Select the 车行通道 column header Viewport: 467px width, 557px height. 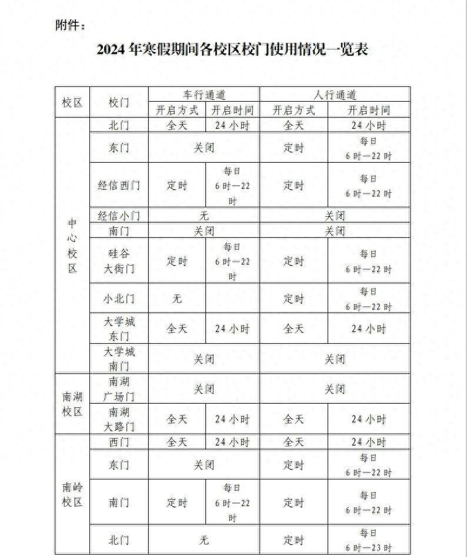(x=204, y=95)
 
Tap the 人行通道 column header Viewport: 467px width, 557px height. (x=335, y=95)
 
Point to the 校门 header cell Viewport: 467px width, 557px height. (x=119, y=102)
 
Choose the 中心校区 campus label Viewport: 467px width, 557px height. (x=72, y=246)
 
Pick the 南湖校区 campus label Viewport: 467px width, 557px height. (x=72, y=404)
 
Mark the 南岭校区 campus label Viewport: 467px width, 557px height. (x=72, y=495)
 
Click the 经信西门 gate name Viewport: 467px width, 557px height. (x=119, y=185)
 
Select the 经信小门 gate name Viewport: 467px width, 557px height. (x=119, y=216)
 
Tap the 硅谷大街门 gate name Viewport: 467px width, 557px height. (x=119, y=261)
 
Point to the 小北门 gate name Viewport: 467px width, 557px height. (x=119, y=298)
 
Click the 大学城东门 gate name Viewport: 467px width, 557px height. (x=119, y=328)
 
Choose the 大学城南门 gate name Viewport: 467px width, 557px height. (x=119, y=358)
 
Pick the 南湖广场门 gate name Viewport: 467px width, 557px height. (x=119, y=389)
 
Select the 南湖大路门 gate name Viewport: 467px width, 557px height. (x=119, y=419)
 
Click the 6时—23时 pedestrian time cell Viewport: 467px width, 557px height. (x=368, y=541)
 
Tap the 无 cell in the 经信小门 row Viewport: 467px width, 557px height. (x=204, y=216)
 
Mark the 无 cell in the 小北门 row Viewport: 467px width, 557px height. (x=177, y=298)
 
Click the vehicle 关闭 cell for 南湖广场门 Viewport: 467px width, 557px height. (x=204, y=389)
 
